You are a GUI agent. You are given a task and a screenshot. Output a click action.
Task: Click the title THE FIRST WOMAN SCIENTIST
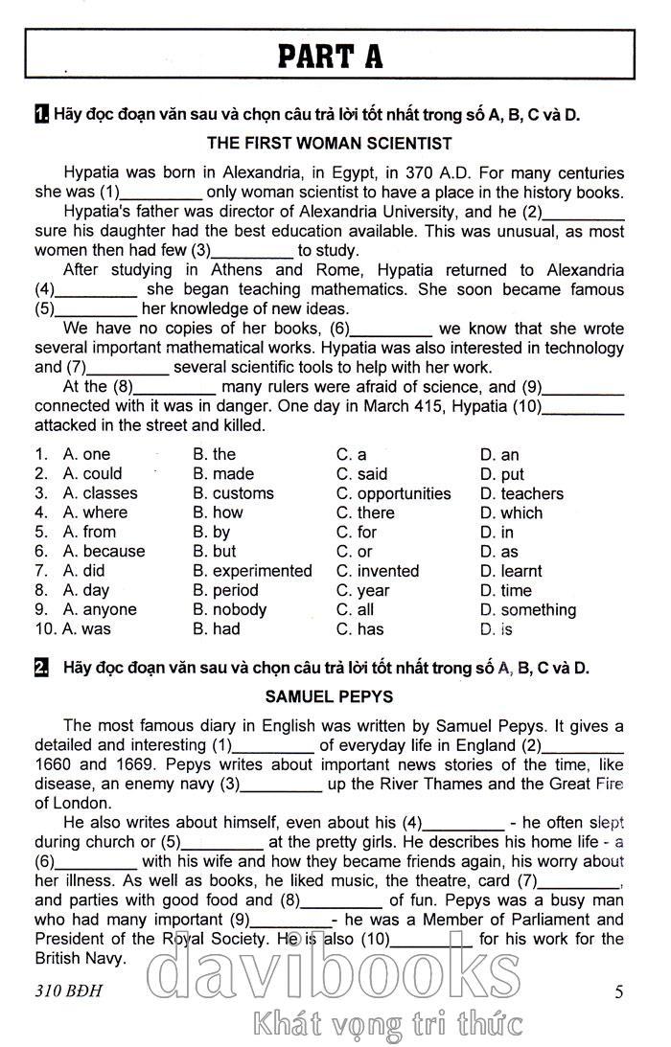coord(329,144)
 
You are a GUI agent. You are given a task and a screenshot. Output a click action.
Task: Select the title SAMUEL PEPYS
coord(329,696)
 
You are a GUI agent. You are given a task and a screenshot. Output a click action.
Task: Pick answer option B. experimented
coord(252,571)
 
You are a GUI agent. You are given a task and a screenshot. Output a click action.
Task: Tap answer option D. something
coord(527,609)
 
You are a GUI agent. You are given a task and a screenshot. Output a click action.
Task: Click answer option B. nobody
coord(229,609)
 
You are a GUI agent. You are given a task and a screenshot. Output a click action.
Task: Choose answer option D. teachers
coord(521,493)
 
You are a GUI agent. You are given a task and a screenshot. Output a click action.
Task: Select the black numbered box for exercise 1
coord(41,116)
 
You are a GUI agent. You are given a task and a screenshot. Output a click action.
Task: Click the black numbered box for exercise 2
coord(41,668)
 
